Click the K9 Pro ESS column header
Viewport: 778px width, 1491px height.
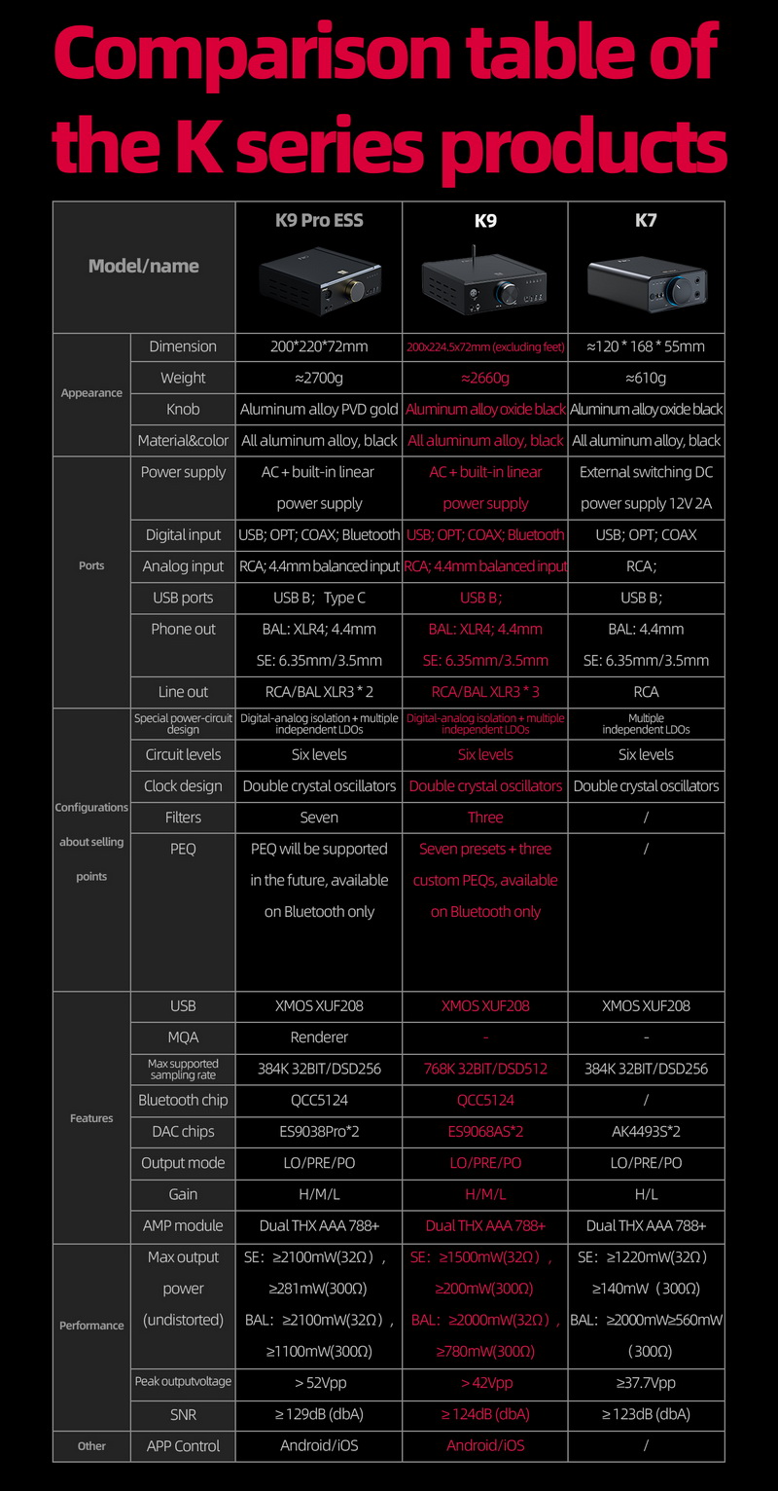(x=319, y=221)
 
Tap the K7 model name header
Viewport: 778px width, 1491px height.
(x=646, y=221)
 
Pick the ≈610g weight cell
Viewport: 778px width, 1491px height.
(x=646, y=378)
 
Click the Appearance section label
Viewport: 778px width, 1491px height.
(x=91, y=393)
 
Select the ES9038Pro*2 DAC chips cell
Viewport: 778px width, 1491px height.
(x=319, y=1131)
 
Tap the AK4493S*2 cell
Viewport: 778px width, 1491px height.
(x=646, y=1131)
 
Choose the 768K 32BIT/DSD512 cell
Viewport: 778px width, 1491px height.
(x=485, y=1069)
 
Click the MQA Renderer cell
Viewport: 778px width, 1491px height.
(x=319, y=1037)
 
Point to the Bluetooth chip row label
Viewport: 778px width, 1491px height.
(x=183, y=1100)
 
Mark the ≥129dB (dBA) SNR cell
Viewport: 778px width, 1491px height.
(x=319, y=1414)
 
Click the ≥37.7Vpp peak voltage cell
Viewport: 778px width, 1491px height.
(x=646, y=1383)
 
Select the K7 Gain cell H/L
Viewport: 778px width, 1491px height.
(x=646, y=1194)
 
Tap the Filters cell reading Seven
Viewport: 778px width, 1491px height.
(x=319, y=818)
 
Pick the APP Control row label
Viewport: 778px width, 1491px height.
(x=183, y=1446)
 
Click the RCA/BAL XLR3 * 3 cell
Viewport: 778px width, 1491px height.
(x=485, y=692)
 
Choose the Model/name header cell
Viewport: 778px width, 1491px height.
(x=144, y=266)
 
